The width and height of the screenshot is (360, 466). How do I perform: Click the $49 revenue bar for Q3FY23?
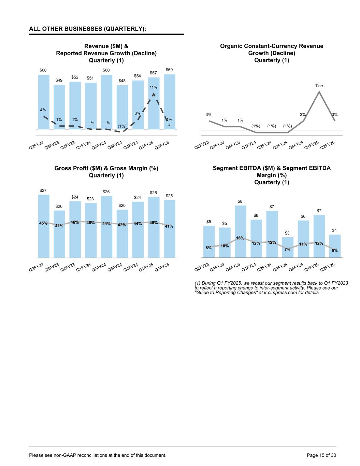point(59,106)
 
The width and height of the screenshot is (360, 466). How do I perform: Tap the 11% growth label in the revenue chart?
point(154,88)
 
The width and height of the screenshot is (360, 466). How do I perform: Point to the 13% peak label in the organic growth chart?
point(319,85)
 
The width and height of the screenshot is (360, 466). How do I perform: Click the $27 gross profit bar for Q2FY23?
point(43,239)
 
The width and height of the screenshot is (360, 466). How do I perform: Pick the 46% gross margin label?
point(75,222)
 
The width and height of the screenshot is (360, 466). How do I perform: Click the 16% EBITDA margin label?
point(240,238)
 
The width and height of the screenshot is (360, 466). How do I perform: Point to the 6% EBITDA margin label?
point(335,250)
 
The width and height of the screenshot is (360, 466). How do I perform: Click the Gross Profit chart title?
point(106,172)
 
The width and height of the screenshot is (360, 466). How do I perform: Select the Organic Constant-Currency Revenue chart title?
point(272,53)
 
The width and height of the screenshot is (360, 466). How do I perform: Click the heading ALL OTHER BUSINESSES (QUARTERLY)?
point(88,29)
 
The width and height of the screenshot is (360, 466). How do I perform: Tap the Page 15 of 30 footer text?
point(321,455)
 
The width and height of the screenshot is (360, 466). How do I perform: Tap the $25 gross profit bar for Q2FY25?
point(170,242)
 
